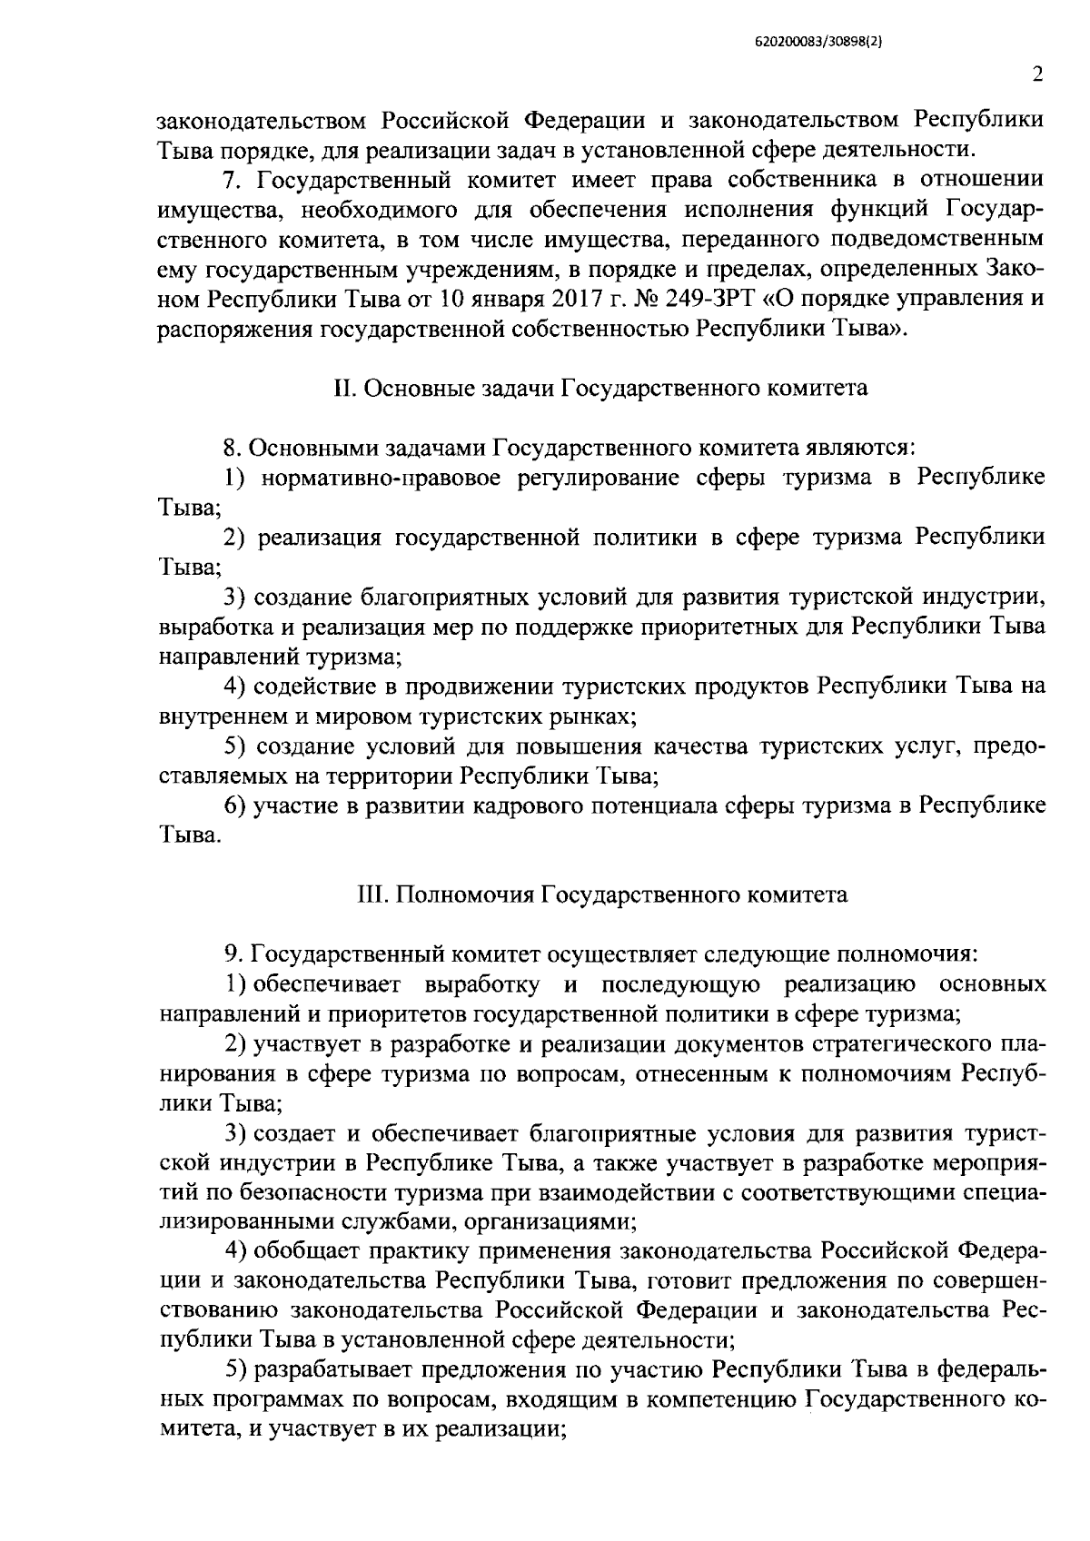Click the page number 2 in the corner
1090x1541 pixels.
[1036, 75]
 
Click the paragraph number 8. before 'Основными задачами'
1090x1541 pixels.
[232, 449]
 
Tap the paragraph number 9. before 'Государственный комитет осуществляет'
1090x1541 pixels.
[233, 955]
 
